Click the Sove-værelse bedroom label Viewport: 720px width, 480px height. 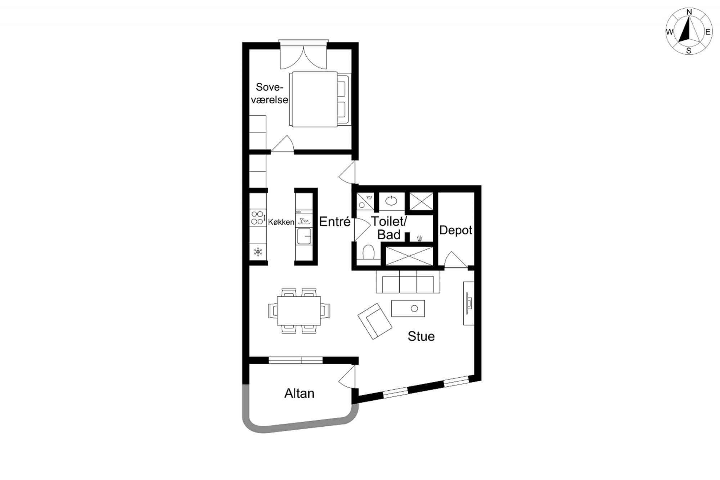click(270, 93)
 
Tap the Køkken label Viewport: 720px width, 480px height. click(281, 222)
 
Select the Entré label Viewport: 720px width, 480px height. click(335, 221)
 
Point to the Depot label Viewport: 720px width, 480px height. click(455, 230)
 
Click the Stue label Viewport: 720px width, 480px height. click(421, 336)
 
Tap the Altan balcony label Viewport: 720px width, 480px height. click(299, 394)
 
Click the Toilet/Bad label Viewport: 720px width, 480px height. click(389, 228)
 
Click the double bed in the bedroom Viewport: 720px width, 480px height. click(320, 99)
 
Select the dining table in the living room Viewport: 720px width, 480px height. click(299, 311)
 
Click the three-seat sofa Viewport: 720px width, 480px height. click(408, 282)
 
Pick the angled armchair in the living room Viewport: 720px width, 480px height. click(375, 321)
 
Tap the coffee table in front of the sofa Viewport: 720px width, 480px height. click(408, 309)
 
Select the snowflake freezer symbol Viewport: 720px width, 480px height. click(258, 251)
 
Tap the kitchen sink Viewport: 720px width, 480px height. click(304, 236)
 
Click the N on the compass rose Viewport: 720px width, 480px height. click(689, 12)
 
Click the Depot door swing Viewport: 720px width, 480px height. click(455, 259)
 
